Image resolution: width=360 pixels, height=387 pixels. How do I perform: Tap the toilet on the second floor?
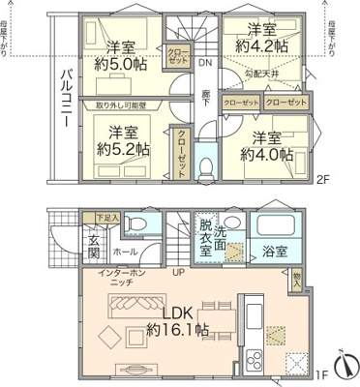(205, 165)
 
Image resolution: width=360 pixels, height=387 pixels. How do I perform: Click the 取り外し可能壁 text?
(121, 104)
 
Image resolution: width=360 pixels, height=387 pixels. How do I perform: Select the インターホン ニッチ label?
(121, 279)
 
